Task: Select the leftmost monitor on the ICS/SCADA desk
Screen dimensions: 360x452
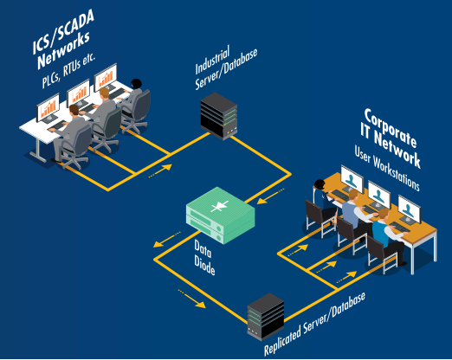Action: (48, 108)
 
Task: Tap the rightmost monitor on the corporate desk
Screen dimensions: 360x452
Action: (407, 212)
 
